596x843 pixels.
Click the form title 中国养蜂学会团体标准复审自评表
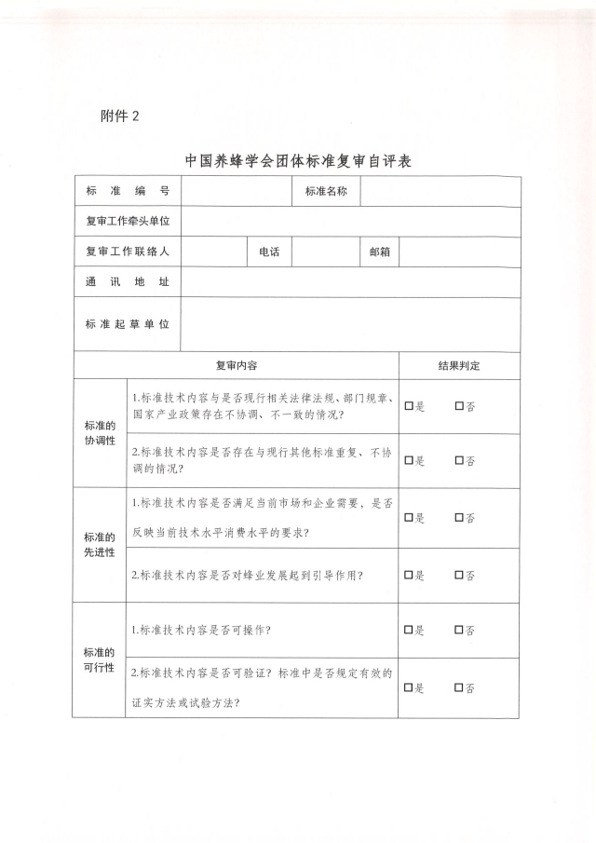298,160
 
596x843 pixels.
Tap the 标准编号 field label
128,191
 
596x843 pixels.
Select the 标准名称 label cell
326,191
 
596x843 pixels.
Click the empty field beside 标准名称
440,191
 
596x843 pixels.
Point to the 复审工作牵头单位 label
128,222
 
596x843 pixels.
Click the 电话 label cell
269,252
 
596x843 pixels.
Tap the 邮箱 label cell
379,252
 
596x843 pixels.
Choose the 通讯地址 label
128,282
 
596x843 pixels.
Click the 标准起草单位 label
128,324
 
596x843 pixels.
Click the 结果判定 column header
459,365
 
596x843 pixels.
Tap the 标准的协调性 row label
100,432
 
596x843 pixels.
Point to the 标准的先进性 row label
100,545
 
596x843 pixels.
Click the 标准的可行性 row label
100,659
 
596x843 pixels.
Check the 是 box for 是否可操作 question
409,631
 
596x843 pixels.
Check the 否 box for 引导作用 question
459,575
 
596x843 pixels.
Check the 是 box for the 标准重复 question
409,460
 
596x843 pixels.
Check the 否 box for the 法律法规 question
459,406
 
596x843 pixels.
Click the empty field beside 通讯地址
351,282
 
